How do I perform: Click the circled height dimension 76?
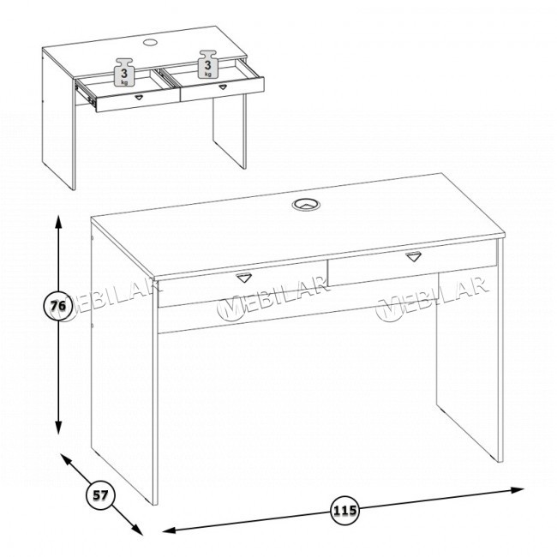58,306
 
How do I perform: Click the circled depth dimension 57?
100,494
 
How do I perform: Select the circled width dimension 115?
345,511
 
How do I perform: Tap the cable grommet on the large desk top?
306,204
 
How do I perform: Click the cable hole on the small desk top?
150,42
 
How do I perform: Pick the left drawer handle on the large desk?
243,277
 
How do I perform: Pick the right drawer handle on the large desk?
414,255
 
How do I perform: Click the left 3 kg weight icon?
124,72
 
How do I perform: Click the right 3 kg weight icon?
207,64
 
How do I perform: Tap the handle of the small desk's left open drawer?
139,97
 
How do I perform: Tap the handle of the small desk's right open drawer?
223,87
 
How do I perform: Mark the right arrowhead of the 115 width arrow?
518,490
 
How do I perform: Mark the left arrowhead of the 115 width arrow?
170,530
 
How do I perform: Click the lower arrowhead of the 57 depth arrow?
137,530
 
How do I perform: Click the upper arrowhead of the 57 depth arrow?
67,459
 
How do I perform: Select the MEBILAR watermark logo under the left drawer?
273,299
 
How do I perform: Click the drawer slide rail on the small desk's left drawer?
86,93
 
